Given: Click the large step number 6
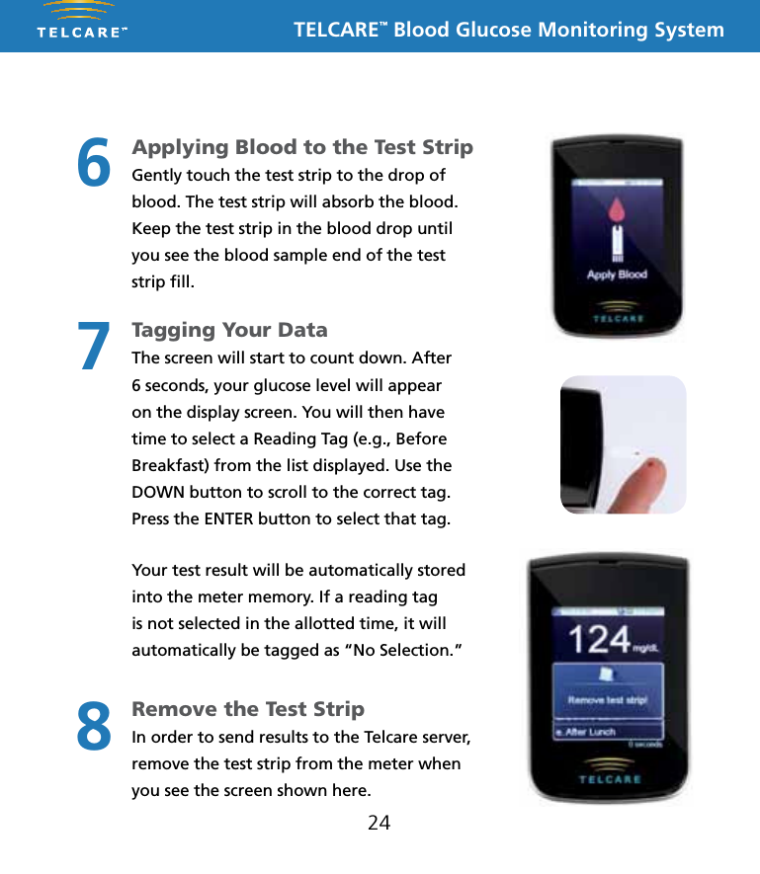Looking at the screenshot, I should tap(94, 163).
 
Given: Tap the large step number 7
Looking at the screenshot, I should tap(94, 346).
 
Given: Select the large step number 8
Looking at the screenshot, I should tap(94, 726).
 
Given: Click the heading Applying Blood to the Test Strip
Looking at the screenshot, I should tap(302, 147).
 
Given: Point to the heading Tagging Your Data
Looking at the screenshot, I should tap(229, 330).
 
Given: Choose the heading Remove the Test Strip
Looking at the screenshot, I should tap(248, 709).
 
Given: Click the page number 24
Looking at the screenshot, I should tap(379, 822).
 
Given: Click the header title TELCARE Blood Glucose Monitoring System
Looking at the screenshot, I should tap(509, 30).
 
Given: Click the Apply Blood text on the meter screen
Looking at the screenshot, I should tap(617, 275).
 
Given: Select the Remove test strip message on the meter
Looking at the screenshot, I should tap(607, 700).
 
